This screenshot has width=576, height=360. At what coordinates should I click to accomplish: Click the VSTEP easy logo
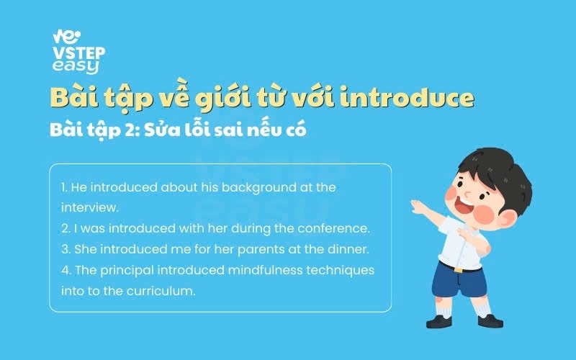[78, 52]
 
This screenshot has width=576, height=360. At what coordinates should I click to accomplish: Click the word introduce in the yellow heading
[407, 98]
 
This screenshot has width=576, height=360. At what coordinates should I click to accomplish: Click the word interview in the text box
[89, 207]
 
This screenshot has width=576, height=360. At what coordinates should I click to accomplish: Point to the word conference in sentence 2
[333, 228]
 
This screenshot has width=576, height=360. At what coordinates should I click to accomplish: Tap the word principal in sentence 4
[127, 271]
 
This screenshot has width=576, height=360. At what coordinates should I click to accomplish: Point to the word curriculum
[161, 291]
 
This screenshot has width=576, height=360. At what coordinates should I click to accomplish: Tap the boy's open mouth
[464, 206]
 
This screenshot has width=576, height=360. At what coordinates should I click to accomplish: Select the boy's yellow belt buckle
[459, 270]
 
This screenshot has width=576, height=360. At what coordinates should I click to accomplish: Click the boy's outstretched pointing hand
[419, 207]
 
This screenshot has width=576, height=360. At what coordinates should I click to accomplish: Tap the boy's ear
[507, 220]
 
